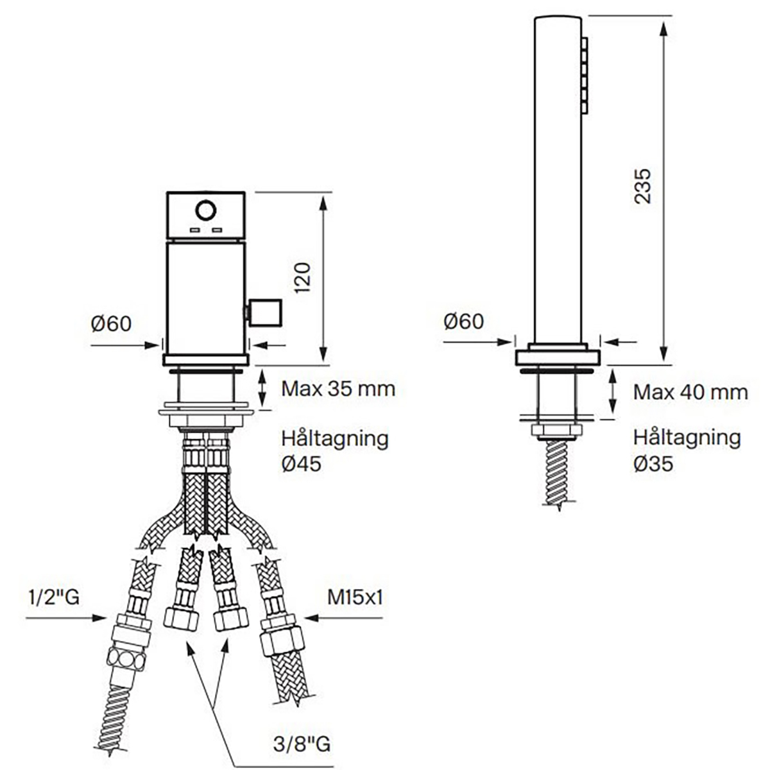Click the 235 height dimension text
[643, 187]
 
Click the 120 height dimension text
[302, 278]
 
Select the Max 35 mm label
[338, 389]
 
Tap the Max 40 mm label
[690, 392]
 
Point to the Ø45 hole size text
[302, 464]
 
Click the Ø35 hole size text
[653, 464]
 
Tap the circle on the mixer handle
[206, 210]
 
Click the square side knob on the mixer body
[266, 312]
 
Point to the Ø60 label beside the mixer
[111, 323]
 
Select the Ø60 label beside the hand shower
[463, 321]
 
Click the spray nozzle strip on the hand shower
[585, 75]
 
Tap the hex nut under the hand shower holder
[556, 431]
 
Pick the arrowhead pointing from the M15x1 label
[311, 618]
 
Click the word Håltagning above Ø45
[335, 439]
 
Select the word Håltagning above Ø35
[687, 438]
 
